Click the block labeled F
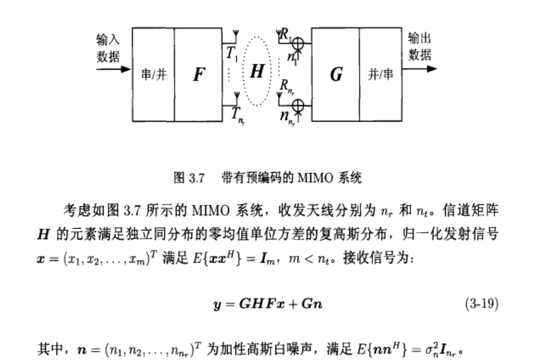pyautogui.click(x=197, y=74)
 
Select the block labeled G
pyautogui.click(x=335, y=74)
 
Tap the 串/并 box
pyautogui.click(x=153, y=74)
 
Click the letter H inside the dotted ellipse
pyautogui.click(x=257, y=72)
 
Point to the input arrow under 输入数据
pyautogui.click(x=113, y=70)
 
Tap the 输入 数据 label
pyautogui.click(x=108, y=48)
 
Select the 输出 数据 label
pyautogui.click(x=420, y=46)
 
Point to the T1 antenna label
pyautogui.click(x=232, y=54)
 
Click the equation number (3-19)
pyautogui.click(x=481, y=304)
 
